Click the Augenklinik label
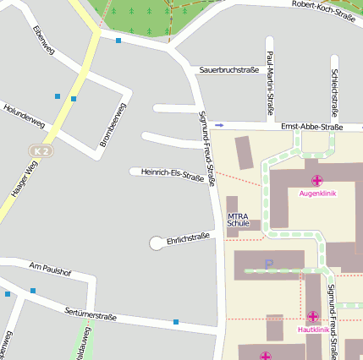point(317,194)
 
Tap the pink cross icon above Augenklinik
point(317,180)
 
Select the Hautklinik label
point(314,330)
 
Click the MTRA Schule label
point(239,220)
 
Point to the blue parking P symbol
point(269,265)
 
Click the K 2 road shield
point(41,150)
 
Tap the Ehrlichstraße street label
point(188,239)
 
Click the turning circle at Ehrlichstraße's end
point(157,243)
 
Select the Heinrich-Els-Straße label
point(173,174)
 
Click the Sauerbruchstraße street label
point(228,69)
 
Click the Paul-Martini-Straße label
point(270,81)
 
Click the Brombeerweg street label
point(113,125)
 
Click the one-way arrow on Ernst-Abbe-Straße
point(219,125)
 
